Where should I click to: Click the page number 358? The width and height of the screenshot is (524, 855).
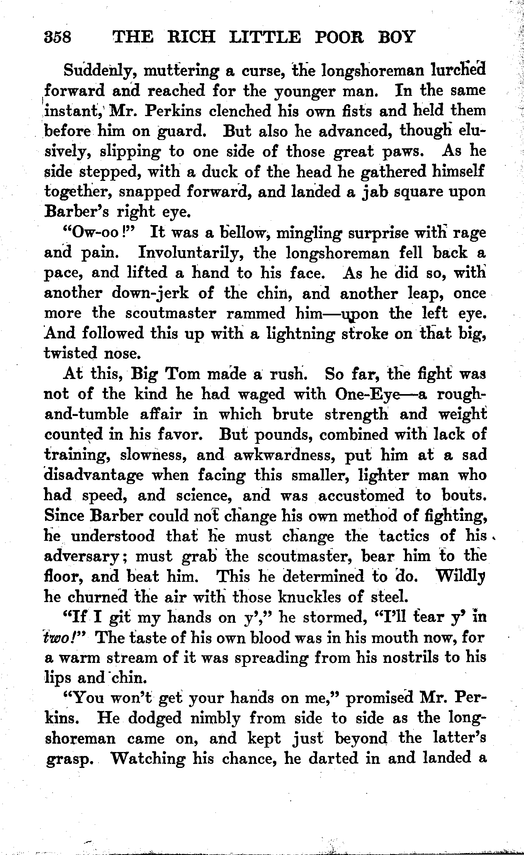[x=57, y=37]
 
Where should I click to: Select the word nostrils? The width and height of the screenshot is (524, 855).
[x=398, y=657]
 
